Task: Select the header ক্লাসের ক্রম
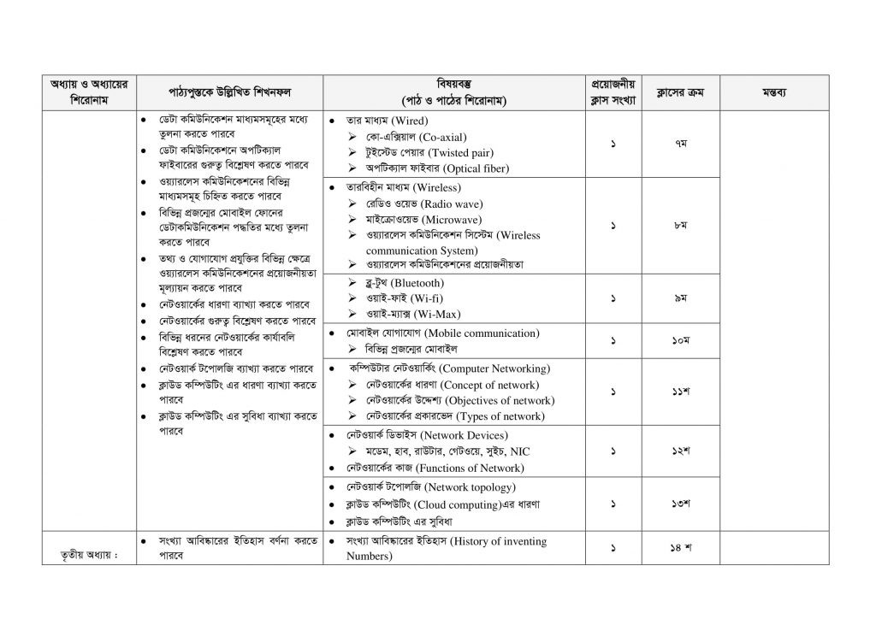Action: tap(681, 92)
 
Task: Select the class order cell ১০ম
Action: tap(681, 341)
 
